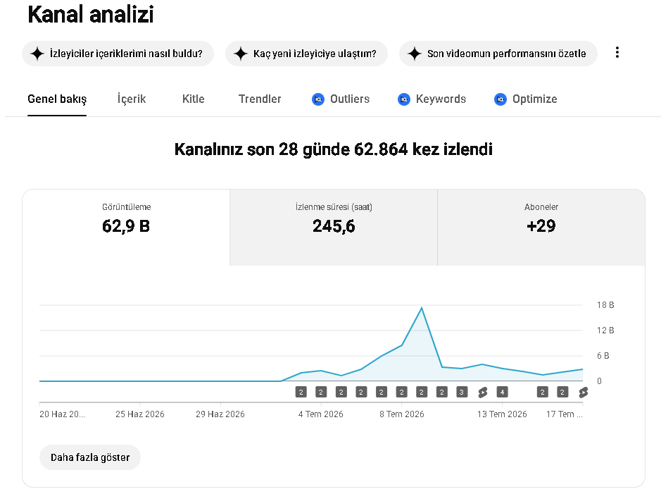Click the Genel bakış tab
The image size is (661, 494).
(x=57, y=99)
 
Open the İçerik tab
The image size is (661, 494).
(x=132, y=99)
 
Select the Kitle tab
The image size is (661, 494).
(x=194, y=99)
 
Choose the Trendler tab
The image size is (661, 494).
(x=260, y=99)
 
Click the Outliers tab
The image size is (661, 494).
(x=341, y=99)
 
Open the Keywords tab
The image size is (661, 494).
(x=432, y=99)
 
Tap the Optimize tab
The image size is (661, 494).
(x=526, y=99)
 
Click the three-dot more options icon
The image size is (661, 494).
(x=617, y=52)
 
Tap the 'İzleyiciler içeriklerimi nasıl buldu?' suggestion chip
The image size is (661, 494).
(x=118, y=54)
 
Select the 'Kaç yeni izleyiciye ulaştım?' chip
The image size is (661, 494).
(x=306, y=54)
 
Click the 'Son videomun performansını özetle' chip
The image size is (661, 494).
(x=498, y=54)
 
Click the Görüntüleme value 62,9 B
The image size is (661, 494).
(x=126, y=226)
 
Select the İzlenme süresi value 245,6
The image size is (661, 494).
(x=334, y=226)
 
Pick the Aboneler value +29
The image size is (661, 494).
(x=541, y=226)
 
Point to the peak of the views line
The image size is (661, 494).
(x=422, y=308)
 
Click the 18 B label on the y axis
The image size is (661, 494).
(x=605, y=305)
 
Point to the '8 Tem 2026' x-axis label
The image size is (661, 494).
(x=402, y=414)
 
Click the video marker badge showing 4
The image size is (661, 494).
(x=502, y=393)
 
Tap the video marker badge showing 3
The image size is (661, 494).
(x=462, y=393)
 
